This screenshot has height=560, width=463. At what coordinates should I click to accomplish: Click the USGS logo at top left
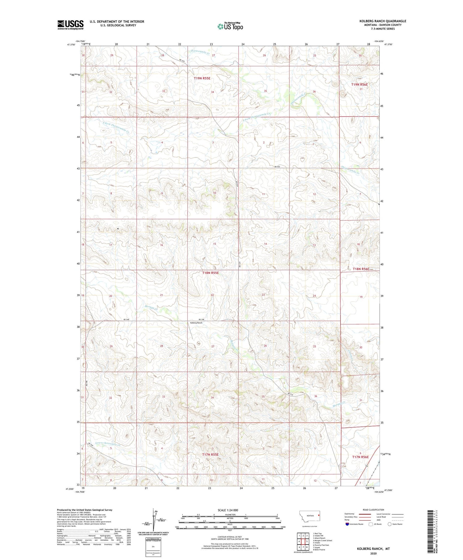point(70,25)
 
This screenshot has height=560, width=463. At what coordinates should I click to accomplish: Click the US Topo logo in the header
point(230,27)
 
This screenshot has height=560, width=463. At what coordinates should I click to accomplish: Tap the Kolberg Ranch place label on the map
point(196,322)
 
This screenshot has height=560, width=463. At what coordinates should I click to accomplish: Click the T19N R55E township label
point(202,78)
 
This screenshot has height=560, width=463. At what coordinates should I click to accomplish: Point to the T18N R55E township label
point(211,273)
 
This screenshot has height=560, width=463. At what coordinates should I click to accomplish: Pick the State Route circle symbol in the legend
point(390,524)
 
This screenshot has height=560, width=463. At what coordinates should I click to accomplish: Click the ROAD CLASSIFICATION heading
point(373,510)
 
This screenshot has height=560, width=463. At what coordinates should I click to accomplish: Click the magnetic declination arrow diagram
point(153,519)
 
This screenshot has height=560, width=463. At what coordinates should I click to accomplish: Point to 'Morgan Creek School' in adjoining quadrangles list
point(323,541)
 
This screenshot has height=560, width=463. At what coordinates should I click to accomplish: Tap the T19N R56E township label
point(359,84)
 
